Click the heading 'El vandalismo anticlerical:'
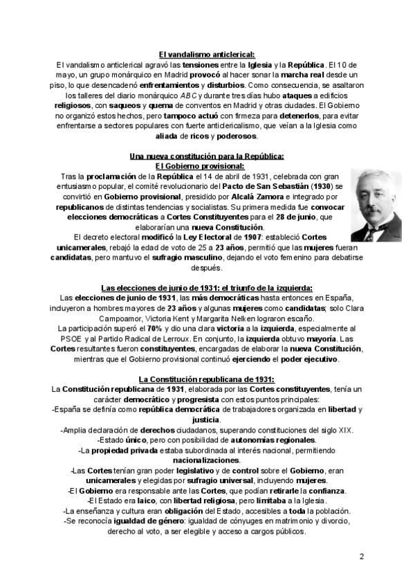(x=207, y=54)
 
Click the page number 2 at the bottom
(x=362, y=557)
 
